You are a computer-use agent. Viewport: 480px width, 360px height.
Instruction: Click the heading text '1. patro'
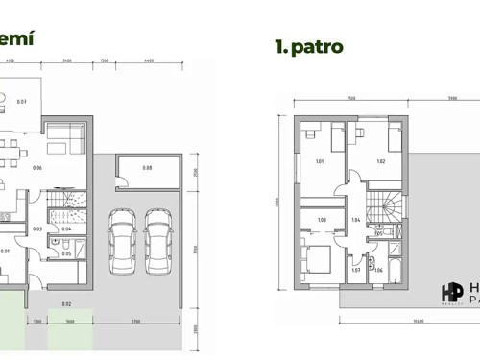(x=309, y=45)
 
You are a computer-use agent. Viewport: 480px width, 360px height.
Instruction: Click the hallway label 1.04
(x=356, y=220)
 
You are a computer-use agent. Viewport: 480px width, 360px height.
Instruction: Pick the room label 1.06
(x=377, y=270)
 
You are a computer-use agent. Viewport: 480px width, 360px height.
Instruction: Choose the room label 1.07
(x=355, y=270)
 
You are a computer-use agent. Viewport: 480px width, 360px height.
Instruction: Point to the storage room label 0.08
(x=147, y=168)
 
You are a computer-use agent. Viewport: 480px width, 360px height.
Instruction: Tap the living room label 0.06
(x=37, y=168)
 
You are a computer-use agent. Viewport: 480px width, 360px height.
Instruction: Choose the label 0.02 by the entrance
(x=66, y=303)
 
